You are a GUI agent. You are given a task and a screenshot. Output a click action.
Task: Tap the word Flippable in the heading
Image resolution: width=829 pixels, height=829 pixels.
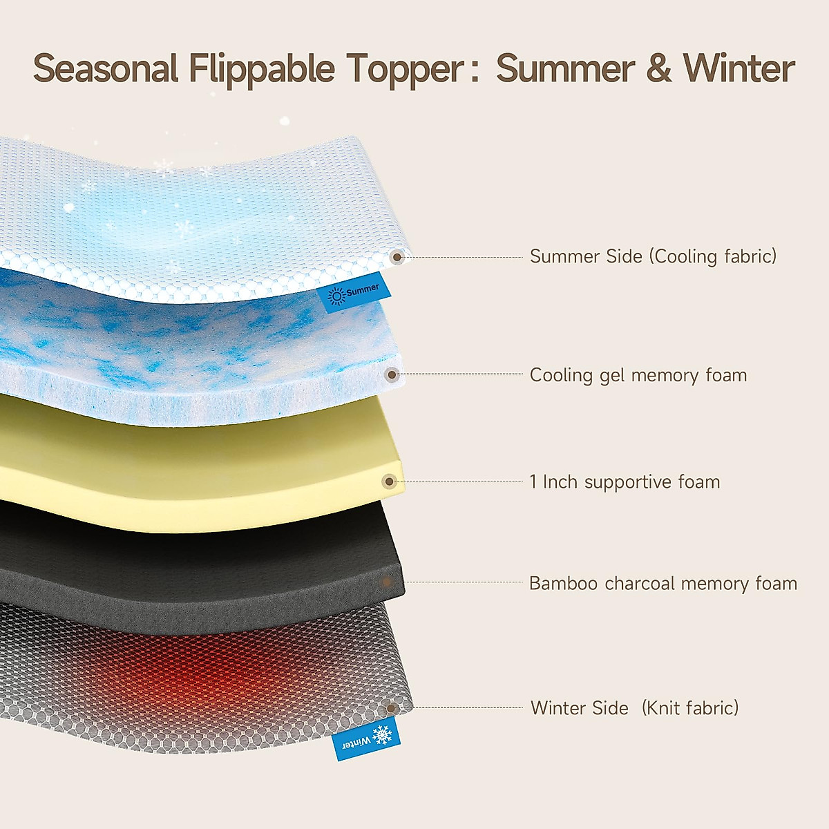tap(262, 70)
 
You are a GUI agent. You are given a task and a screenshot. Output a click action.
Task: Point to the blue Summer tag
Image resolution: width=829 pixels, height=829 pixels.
tap(354, 292)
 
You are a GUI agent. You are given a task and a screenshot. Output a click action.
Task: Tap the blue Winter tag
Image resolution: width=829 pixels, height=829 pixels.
tap(366, 739)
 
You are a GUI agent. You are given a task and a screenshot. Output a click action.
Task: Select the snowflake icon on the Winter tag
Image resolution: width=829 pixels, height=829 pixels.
tap(382, 735)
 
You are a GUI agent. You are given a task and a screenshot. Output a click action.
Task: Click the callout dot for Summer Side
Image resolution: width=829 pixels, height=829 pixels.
tap(397, 257)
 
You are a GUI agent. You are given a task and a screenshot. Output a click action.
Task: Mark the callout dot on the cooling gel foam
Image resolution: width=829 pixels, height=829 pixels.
tap(392, 374)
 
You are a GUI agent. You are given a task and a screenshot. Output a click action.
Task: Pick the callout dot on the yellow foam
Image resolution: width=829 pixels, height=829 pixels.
tap(390, 482)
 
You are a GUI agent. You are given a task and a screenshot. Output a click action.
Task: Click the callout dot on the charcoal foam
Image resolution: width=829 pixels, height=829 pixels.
tap(387, 582)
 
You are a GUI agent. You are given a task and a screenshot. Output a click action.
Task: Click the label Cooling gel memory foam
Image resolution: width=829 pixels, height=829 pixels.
tap(638, 375)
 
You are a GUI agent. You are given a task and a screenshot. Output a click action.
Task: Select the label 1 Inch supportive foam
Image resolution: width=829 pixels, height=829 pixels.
tap(625, 482)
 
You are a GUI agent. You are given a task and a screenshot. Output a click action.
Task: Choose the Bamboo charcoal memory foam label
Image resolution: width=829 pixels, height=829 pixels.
tap(663, 583)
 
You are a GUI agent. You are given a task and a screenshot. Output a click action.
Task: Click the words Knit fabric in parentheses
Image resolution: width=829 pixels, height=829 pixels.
tap(689, 707)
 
